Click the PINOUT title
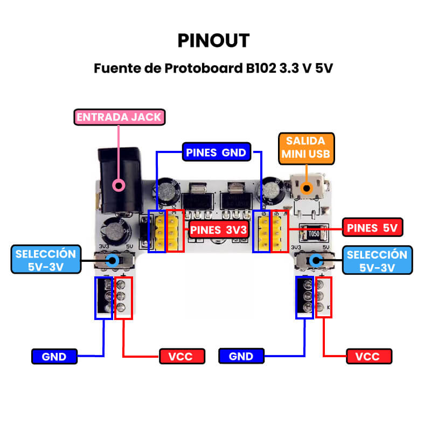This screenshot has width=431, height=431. tap(214, 40)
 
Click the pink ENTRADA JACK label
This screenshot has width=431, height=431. tap(119, 117)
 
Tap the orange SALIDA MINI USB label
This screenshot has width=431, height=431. tap(305, 149)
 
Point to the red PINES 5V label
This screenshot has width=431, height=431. tap(372, 227)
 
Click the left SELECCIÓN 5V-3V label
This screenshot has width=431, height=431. tap(46, 261)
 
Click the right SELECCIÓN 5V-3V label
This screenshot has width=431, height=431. tap(377, 261)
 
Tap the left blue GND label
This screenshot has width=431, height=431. tap(54, 356)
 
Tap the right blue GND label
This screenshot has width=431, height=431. tap(241, 356)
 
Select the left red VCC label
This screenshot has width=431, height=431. tap(183, 356)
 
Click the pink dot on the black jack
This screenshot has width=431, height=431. tap(119, 186)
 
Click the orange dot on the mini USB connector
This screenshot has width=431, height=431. tap(307, 188)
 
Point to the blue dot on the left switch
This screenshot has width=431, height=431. tap(113, 261)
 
